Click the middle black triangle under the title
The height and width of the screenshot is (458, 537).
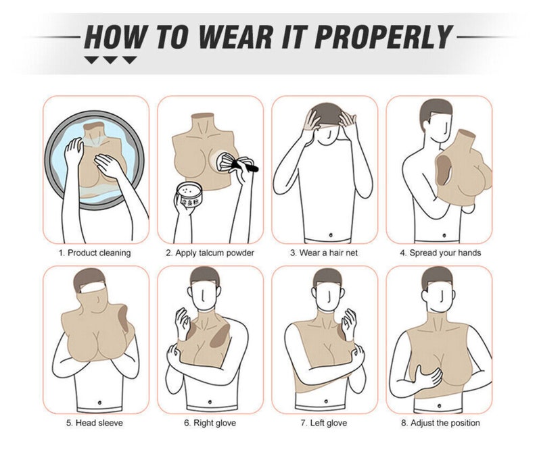tap(110, 60)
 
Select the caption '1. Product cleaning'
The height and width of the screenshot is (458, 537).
tap(95, 253)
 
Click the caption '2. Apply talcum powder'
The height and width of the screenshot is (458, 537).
tap(210, 253)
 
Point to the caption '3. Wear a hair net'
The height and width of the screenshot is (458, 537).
tap(324, 253)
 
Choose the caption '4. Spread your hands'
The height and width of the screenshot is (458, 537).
tap(440, 253)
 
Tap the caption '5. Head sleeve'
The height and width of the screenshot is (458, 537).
tap(95, 423)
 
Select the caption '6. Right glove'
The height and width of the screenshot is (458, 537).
tap(210, 423)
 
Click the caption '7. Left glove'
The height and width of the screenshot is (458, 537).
tap(324, 423)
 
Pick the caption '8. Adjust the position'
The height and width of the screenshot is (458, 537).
tap(440, 423)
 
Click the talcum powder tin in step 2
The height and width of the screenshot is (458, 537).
tap(187, 195)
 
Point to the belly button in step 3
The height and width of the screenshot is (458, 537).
tap(331, 235)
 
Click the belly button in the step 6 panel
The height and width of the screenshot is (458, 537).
tap(210, 402)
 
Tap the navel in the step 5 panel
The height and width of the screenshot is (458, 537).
tap(99, 403)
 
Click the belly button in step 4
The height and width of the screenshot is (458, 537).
tap(444, 235)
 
